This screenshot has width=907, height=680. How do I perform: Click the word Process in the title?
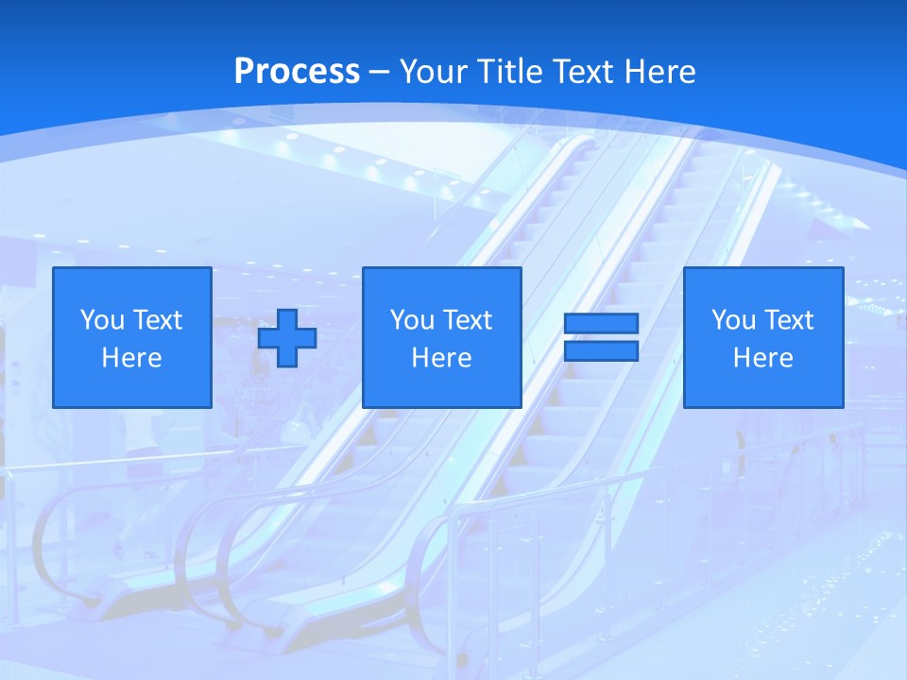click(x=297, y=72)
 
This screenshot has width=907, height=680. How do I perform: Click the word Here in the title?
click(x=661, y=72)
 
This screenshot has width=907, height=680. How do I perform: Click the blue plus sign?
click(x=287, y=338)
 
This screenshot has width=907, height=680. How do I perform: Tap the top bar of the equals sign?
click(x=601, y=324)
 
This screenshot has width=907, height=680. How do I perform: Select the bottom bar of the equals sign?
click(x=601, y=351)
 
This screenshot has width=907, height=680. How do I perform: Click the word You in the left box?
click(x=102, y=320)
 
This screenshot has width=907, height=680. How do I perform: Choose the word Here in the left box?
click(x=131, y=358)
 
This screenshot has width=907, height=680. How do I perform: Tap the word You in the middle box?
click(x=412, y=320)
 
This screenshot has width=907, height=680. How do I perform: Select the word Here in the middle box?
click(x=441, y=358)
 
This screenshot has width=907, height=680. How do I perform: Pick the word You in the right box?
click(x=733, y=320)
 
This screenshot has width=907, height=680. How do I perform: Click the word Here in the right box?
click(x=762, y=358)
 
